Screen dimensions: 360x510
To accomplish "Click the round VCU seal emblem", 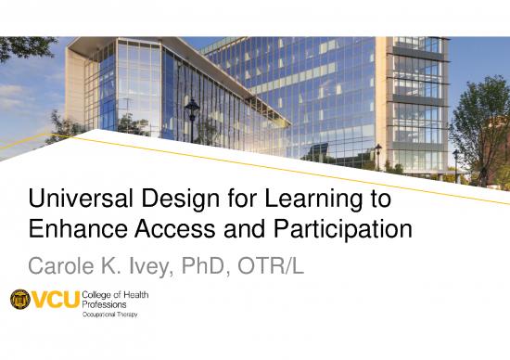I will click(20, 301).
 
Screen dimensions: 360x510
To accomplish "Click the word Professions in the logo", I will click(108, 304).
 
